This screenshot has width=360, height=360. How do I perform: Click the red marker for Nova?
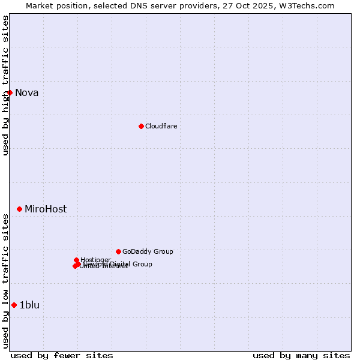click(x=10, y=92)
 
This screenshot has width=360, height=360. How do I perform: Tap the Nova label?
click(x=27, y=92)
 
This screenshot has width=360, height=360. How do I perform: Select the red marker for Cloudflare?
click(x=141, y=126)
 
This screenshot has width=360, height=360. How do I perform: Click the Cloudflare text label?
click(x=161, y=126)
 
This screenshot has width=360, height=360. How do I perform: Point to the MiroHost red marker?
click(x=19, y=209)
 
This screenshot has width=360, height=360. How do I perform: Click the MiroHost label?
click(x=46, y=209)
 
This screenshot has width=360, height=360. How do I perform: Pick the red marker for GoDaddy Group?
click(x=118, y=251)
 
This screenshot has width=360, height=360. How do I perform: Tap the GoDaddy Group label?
click(x=148, y=251)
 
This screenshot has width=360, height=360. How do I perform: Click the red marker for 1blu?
click(x=14, y=305)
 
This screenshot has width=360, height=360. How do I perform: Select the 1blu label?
click(x=29, y=305)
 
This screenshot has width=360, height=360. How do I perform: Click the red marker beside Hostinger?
click(x=76, y=260)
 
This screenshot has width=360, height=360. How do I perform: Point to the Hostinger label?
click(x=96, y=260)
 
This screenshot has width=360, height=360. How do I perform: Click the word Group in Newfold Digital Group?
click(x=142, y=264)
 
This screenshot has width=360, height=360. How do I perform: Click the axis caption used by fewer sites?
click(x=62, y=355)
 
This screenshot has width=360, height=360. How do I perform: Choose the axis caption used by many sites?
click(x=301, y=355)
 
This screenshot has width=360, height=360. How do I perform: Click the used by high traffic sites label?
click(x=5, y=85)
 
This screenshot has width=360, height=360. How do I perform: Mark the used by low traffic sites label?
click(x=5, y=280)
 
